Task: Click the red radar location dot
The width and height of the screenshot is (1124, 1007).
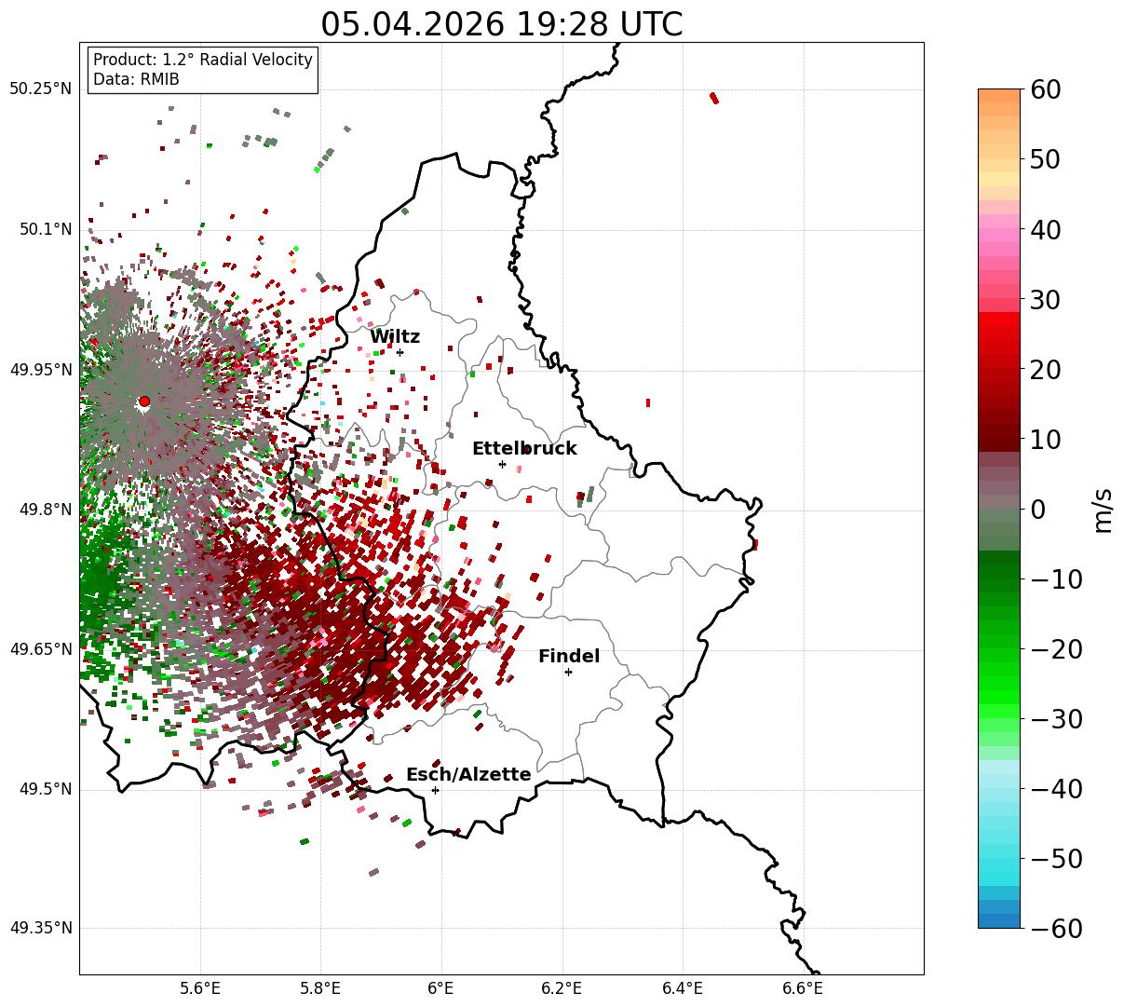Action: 144,401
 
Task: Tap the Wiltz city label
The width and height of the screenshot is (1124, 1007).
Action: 395,336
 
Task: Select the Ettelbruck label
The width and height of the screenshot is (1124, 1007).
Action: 524,448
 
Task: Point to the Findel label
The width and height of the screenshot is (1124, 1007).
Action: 569,656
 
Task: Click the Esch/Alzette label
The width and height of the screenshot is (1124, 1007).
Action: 468,774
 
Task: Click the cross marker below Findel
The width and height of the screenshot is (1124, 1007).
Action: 568,672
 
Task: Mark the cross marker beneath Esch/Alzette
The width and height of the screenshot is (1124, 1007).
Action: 435,790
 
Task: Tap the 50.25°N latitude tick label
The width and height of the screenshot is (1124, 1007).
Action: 41,88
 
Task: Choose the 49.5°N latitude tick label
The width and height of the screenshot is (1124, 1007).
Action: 46,789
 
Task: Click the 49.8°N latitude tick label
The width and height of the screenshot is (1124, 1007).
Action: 46,510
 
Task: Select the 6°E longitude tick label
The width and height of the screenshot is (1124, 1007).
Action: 441,988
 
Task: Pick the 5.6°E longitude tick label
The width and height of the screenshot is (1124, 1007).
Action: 200,988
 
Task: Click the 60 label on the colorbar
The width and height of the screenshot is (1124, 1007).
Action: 1045,89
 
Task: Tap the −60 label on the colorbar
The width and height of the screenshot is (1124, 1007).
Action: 1056,929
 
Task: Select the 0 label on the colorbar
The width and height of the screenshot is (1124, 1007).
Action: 1038,509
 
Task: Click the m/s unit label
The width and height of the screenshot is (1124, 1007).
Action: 1103,510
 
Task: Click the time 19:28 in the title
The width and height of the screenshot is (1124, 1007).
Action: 563,25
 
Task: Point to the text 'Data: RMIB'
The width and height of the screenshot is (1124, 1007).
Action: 137,79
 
